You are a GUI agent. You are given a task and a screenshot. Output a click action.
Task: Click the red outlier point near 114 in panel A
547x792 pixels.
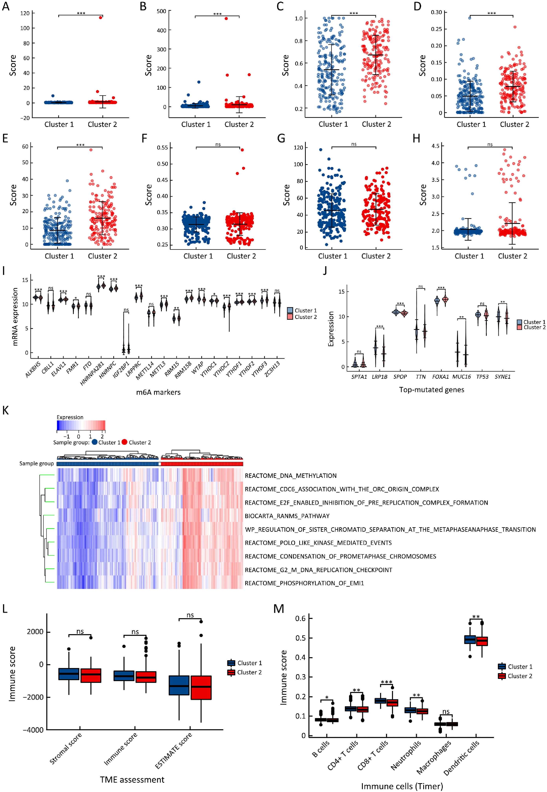click(x=100, y=17)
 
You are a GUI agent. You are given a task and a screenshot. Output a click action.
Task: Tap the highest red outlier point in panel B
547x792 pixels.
click(x=226, y=18)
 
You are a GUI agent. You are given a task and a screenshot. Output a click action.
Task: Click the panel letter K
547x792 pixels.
click(x=5, y=410)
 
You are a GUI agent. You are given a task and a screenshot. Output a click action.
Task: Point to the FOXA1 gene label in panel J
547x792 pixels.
click(x=440, y=377)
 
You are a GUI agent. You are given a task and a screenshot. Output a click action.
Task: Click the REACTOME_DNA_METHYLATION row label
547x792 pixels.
click(x=291, y=476)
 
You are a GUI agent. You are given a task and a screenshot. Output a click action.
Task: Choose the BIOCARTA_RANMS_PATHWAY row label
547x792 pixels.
click(x=287, y=516)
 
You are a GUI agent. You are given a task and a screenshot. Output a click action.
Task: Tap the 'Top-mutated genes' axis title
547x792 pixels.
click(x=432, y=390)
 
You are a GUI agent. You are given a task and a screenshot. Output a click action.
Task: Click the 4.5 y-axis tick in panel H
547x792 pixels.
click(x=435, y=146)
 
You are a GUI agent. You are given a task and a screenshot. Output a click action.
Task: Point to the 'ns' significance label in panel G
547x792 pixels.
click(x=354, y=144)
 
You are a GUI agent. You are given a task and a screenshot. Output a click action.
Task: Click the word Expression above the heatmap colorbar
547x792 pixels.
click(x=70, y=417)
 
